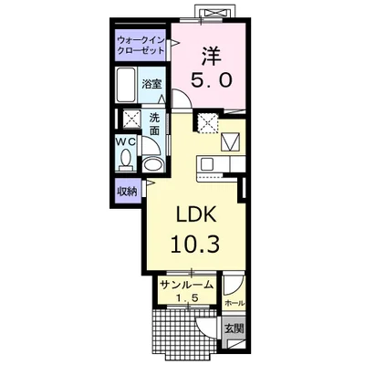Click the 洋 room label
(211, 56)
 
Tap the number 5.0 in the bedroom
(212, 80)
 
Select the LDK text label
(196, 215)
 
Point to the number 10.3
(195, 245)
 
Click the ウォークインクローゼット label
(141, 45)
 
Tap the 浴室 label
(151, 84)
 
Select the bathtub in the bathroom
(127, 85)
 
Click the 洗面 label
(155, 123)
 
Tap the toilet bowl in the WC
(125, 159)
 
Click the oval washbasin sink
(152, 164)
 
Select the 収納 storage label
(128, 192)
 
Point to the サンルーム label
(186, 285)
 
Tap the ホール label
(235, 303)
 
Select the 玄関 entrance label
(235, 328)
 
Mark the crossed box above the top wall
(215, 13)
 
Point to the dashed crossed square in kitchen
(208, 122)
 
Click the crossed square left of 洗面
(131, 120)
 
